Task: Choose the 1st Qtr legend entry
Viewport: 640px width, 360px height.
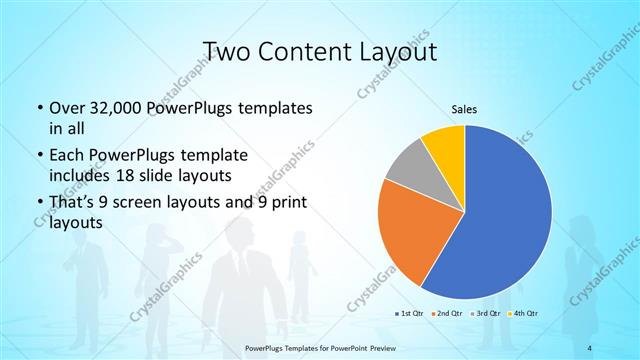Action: (x=409, y=315)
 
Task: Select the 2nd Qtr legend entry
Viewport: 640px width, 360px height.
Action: (x=445, y=315)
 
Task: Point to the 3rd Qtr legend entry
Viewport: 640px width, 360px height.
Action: (x=486, y=315)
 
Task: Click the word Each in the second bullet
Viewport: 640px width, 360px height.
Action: (x=67, y=155)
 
